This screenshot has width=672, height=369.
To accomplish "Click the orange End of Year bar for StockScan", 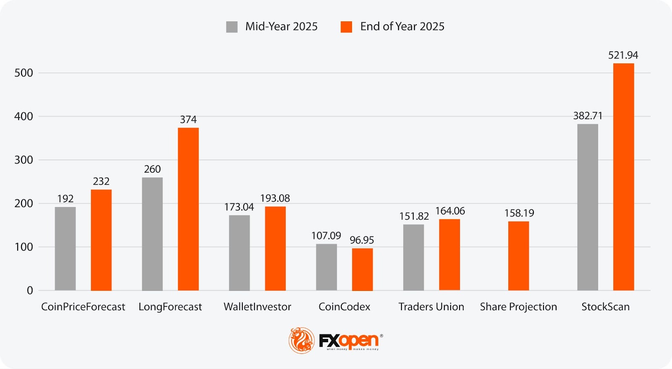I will pyautogui.click(x=623, y=177).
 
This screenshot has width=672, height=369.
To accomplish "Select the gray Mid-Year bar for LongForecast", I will pyautogui.click(x=152, y=234).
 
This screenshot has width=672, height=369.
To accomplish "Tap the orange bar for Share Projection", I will pyautogui.click(x=518, y=256).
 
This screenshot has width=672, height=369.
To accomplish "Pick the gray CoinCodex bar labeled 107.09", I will pyautogui.click(x=326, y=267).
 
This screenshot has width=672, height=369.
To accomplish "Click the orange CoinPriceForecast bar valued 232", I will pyautogui.click(x=101, y=240).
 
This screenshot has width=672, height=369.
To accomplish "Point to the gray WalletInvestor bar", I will pyautogui.click(x=239, y=253).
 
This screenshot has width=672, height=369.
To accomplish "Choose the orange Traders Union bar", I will pyautogui.click(x=449, y=254).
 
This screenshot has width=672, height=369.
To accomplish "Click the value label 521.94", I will pyautogui.click(x=623, y=55).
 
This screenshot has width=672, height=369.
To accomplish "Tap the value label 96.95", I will pyautogui.click(x=362, y=240).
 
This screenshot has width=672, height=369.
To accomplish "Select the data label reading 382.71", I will pyautogui.click(x=588, y=116).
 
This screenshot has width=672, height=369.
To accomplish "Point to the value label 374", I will pyautogui.click(x=188, y=120).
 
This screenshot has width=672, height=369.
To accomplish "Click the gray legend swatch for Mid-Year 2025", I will pyautogui.click(x=232, y=27).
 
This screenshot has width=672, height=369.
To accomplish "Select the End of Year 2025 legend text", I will pyautogui.click(x=402, y=26).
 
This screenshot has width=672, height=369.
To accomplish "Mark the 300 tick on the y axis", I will pyautogui.click(x=24, y=160).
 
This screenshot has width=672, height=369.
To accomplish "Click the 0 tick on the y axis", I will pyautogui.click(x=30, y=290).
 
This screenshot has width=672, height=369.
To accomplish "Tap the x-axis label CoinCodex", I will pyautogui.click(x=344, y=307).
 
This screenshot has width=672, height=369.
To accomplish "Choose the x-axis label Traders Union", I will pyautogui.click(x=431, y=307).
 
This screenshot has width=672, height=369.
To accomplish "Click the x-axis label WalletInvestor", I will pyautogui.click(x=257, y=307).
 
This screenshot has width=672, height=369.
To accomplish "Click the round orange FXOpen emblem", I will pyautogui.click(x=301, y=340).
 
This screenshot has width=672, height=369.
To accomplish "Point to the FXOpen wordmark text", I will pyautogui.click(x=349, y=340).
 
